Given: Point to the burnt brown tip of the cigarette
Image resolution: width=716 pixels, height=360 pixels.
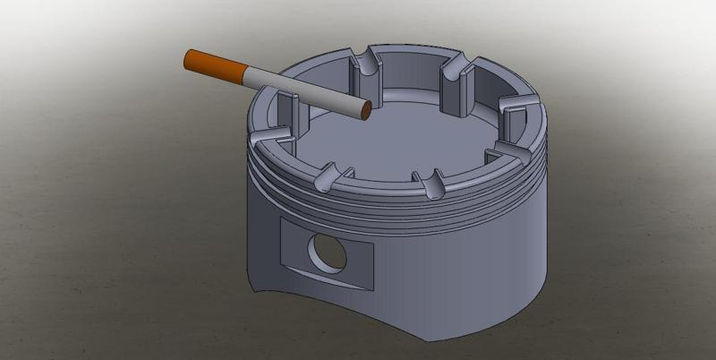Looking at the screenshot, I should point(365,111).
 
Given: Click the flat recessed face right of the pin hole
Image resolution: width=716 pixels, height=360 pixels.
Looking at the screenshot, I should point(358,263).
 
